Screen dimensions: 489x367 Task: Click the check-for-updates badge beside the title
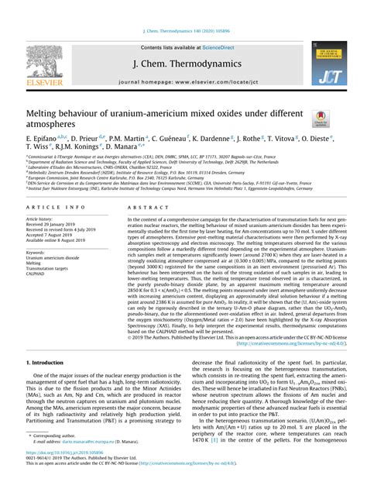[x=317, y=118]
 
